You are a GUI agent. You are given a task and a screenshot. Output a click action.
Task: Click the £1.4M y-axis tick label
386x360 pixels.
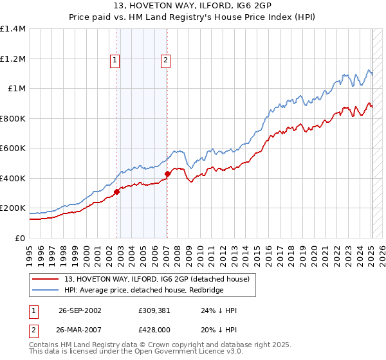13,29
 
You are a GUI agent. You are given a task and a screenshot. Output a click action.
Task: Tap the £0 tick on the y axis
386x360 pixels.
20,238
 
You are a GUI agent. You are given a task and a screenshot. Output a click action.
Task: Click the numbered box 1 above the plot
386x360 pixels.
115,60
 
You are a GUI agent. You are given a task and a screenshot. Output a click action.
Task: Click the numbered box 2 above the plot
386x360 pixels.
165,60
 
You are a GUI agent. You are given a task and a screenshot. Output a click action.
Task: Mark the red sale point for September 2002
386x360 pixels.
117,192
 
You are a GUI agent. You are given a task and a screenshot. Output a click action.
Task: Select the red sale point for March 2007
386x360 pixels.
167,174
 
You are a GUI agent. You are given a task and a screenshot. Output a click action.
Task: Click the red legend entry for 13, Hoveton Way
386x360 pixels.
160,279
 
